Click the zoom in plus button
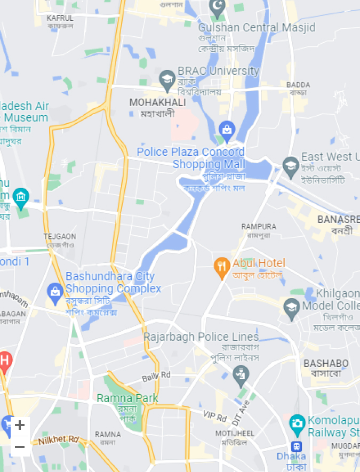coord(20,425)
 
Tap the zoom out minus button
coord(20,447)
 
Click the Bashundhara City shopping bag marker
coord(54,291)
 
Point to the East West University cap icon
coord(291,165)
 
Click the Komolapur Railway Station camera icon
coord(297,423)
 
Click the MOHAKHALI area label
coord(158,102)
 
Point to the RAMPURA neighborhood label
coord(259,227)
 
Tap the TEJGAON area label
coord(60,236)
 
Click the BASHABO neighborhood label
coord(326,363)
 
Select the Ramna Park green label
coord(127,398)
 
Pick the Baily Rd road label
coord(156,376)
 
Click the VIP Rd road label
coord(215,414)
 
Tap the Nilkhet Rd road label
coord(59,440)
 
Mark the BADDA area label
coord(297,85)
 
